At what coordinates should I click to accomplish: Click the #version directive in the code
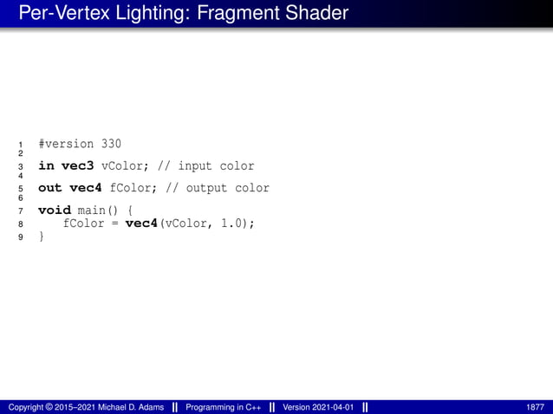pos(67,144)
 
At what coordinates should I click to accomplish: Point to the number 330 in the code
pos(112,144)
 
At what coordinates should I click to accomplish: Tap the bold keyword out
pos(49,188)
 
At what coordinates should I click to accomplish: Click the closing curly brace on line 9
pos(41,236)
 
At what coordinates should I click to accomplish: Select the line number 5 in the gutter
pos(20,189)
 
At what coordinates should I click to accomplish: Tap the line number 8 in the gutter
pos(20,224)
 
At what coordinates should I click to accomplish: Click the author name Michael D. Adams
pos(126,406)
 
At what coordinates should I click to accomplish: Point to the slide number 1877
pos(536,406)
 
